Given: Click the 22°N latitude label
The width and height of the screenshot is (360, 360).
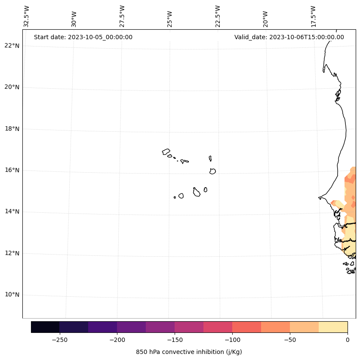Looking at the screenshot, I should click(x=12, y=46).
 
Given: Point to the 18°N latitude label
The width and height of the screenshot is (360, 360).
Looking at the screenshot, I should click(x=12, y=129).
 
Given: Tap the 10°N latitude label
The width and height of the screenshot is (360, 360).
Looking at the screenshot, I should click(x=12, y=295).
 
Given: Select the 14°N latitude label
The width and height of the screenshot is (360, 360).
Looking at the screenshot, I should click(x=12, y=212).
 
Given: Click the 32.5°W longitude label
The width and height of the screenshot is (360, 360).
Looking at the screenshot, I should click(x=27, y=16).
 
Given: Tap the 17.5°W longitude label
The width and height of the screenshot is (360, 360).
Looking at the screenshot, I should click(x=313, y=16).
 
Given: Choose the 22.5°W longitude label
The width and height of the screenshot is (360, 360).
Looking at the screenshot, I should click(x=218, y=16).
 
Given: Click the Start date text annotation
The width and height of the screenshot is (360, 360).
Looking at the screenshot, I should click(x=83, y=37).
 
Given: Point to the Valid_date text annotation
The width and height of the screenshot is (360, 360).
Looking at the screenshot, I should click(x=289, y=37).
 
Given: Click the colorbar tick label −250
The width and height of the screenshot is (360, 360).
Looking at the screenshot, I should click(x=59, y=340).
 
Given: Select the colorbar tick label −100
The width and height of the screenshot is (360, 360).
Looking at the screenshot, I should click(x=232, y=340).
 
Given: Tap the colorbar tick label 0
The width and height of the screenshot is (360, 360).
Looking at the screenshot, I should click(x=347, y=340).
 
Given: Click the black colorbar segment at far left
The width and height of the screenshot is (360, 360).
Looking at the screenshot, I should click(x=45, y=327).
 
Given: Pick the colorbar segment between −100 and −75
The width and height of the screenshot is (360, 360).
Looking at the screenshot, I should click(x=246, y=327).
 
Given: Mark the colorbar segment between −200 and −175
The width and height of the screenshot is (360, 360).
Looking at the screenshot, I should click(x=131, y=327).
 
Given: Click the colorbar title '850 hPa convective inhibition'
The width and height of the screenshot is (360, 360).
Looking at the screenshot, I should click(x=189, y=352).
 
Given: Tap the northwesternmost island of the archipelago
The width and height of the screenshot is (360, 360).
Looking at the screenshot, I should click(x=166, y=152).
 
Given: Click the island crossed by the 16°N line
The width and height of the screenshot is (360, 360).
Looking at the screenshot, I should click(x=212, y=171).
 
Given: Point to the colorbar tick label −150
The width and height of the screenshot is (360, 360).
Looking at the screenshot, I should click(x=175, y=340).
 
